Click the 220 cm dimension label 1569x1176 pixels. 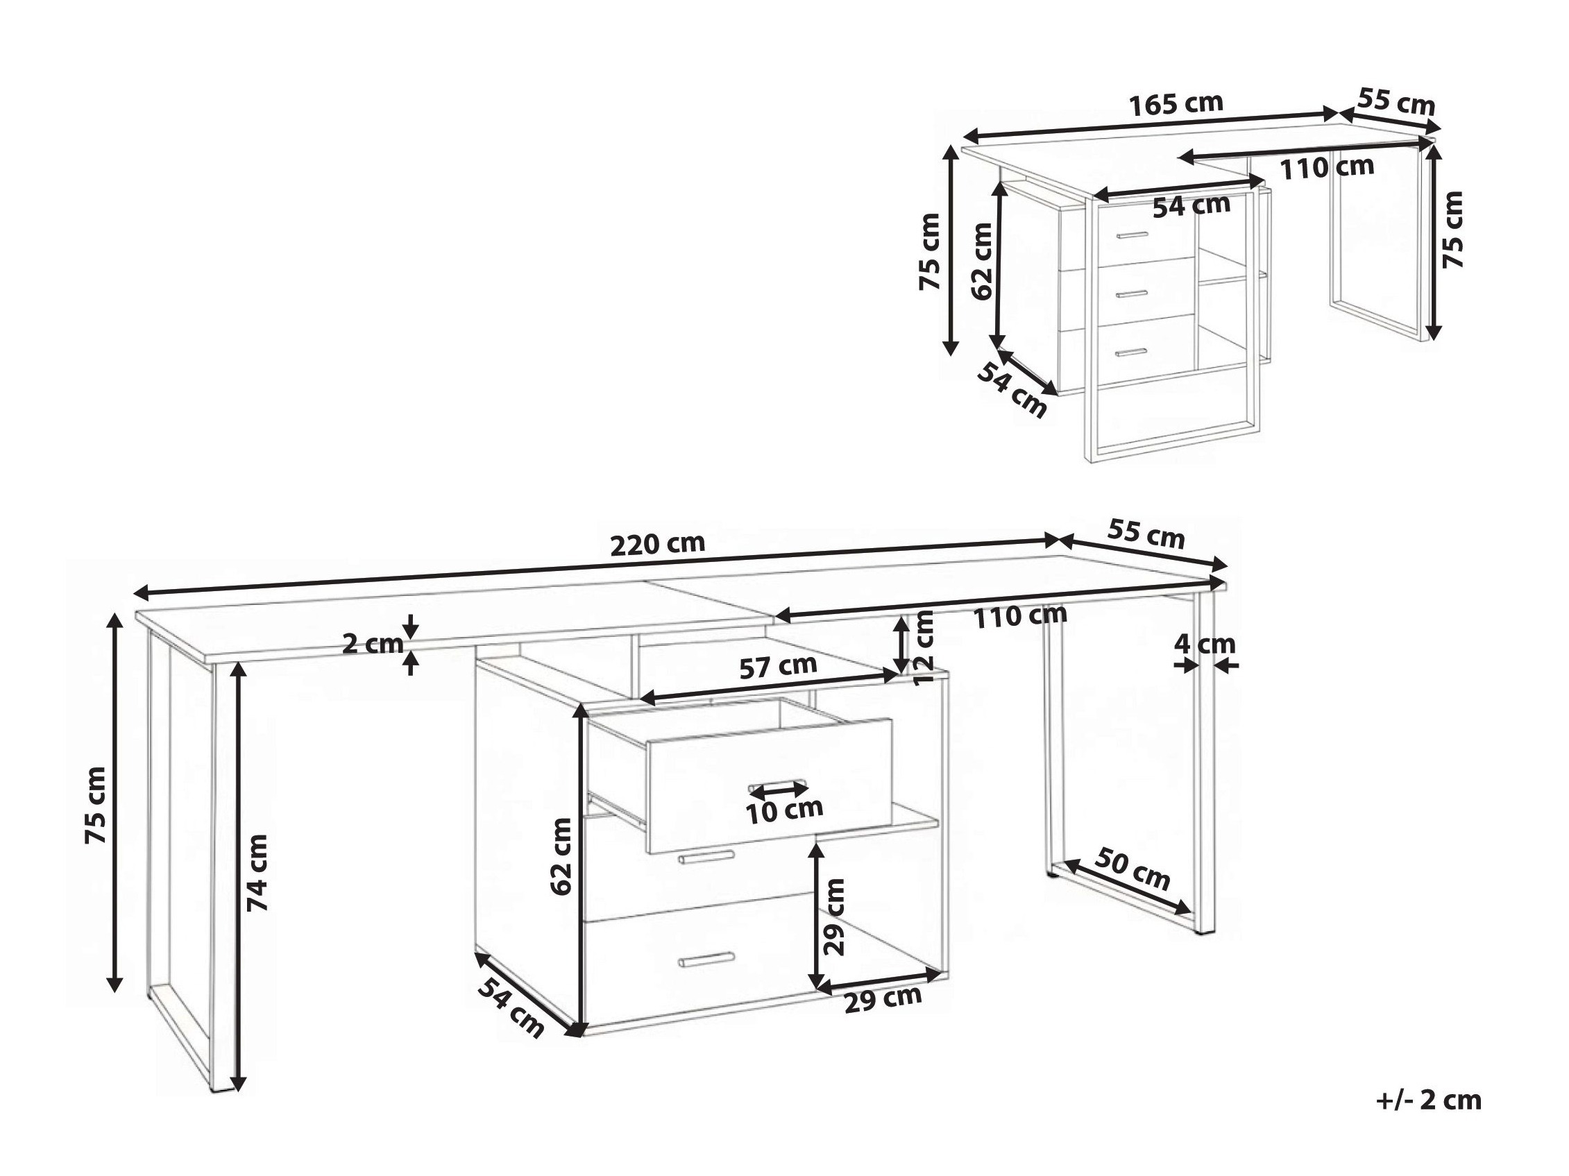click(658, 544)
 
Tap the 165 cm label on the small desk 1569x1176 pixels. click(1176, 104)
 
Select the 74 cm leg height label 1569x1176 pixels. click(257, 872)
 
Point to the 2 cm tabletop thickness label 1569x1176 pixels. click(373, 644)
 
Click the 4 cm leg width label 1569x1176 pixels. click(1205, 644)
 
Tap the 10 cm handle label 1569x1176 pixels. click(784, 810)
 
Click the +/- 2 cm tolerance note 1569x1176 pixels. click(1429, 1100)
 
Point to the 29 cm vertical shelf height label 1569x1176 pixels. click(836, 917)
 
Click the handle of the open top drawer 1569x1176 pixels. click(778, 787)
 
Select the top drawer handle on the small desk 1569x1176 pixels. click(1131, 235)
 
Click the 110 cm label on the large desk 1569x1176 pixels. click(1020, 615)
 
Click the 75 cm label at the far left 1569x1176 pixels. click(96, 806)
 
